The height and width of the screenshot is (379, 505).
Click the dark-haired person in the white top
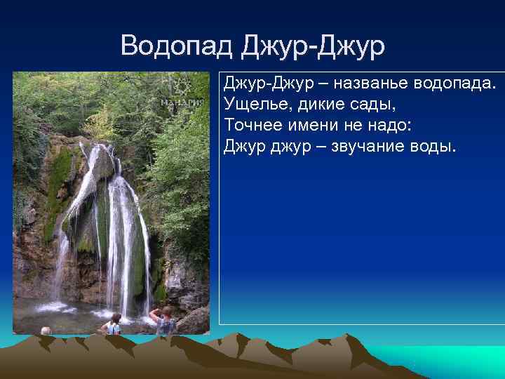click(113, 324)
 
